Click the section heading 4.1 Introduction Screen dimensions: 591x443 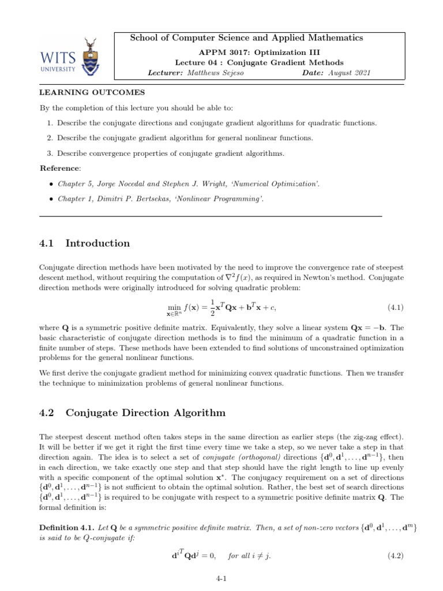click(84, 243)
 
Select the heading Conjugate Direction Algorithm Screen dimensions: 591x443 click(146, 413)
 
